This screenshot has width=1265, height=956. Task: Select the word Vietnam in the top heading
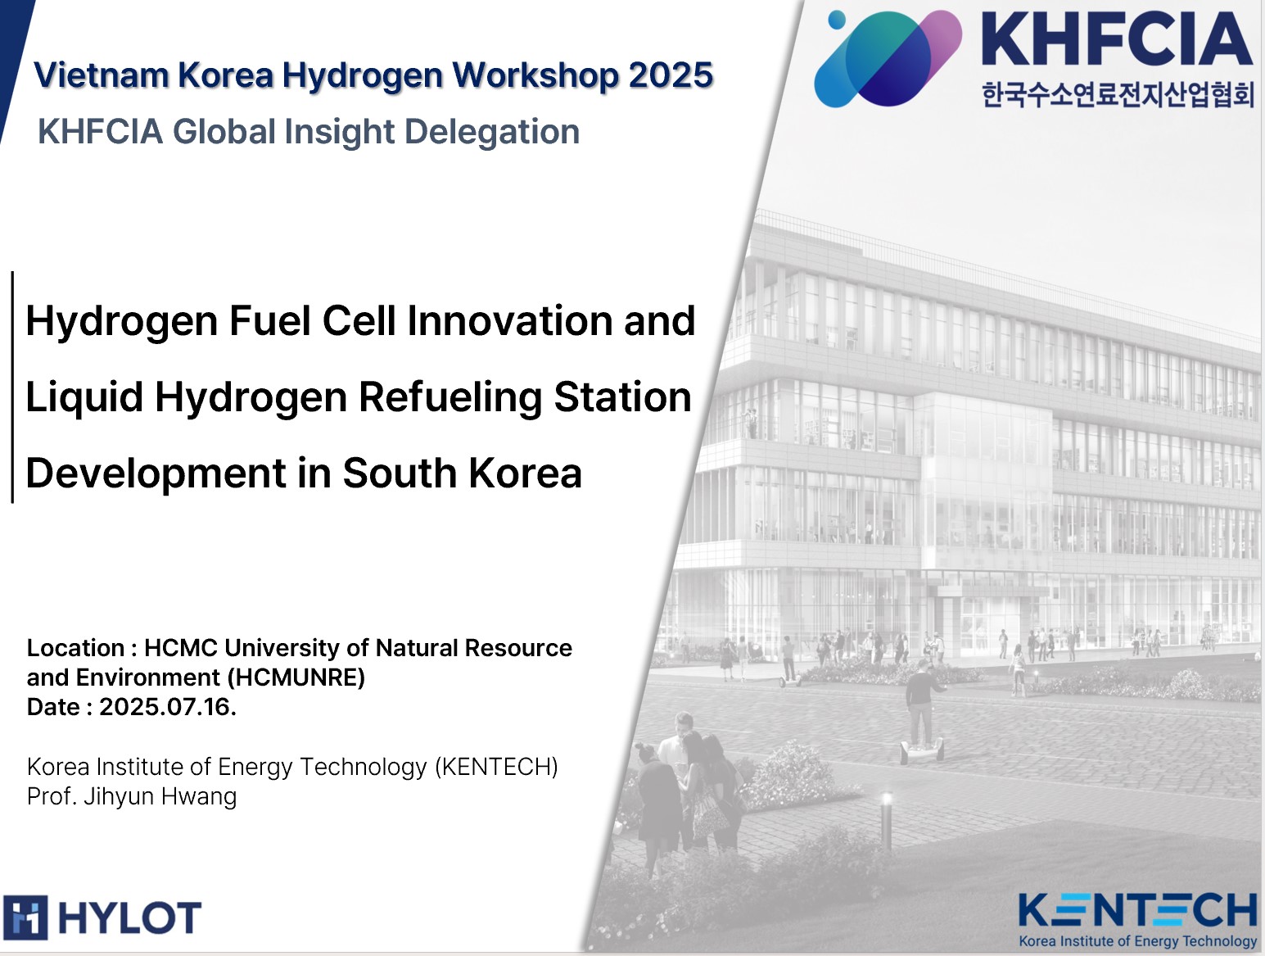(101, 75)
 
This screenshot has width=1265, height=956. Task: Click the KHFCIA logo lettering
(1116, 39)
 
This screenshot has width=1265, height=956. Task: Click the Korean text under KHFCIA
(1118, 94)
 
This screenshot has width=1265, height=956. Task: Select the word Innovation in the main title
(509, 320)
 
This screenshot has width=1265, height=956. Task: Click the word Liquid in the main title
(84, 398)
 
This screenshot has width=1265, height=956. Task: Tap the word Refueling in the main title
(450, 398)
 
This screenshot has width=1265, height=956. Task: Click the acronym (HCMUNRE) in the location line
(296, 677)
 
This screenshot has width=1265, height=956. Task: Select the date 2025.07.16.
(168, 707)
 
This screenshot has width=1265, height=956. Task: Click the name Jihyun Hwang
(160, 797)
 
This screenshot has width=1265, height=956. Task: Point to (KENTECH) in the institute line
(496, 768)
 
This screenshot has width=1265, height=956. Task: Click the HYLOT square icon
(25, 917)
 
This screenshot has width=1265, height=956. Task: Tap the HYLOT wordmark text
(129, 917)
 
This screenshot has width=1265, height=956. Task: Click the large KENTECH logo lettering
(1137, 910)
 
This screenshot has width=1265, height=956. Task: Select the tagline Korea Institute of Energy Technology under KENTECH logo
(1137, 941)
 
